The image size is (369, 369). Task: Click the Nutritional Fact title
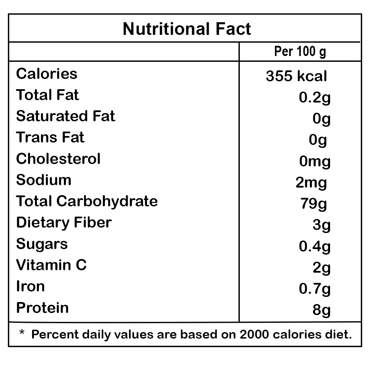pyautogui.click(x=187, y=29)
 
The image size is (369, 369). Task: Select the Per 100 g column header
pyautogui.click(x=300, y=52)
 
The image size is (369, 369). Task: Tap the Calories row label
pyautogui.click(x=47, y=74)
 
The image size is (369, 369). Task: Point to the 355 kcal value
pyautogui.click(x=296, y=76)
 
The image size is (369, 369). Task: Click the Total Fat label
pyautogui.click(x=47, y=95)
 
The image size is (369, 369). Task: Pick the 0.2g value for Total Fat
pyautogui.click(x=315, y=98)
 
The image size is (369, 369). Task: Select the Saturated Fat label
pyautogui.click(x=66, y=116)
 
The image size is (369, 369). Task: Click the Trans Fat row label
pyautogui.click(x=50, y=137)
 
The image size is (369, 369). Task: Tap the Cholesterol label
pyautogui.click(x=58, y=159)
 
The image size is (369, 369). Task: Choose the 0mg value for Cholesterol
pyautogui.click(x=315, y=162)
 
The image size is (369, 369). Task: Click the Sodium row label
pyautogui.click(x=44, y=180)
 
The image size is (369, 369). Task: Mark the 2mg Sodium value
pyautogui.click(x=311, y=183)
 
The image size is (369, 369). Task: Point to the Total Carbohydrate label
pyautogui.click(x=87, y=201)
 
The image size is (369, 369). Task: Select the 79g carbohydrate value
pyautogui.click(x=314, y=204)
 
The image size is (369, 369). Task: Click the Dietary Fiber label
pyautogui.click(x=64, y=222)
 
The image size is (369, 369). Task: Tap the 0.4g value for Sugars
pyautogui.click(x=315, y=247)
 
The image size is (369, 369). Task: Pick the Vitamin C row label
pyautogui.click(x=51, y=265)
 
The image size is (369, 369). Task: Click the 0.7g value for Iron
pyautogui.click(x=315, y=289)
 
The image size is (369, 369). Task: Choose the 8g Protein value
pyautogui.click(x=321, y=311)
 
